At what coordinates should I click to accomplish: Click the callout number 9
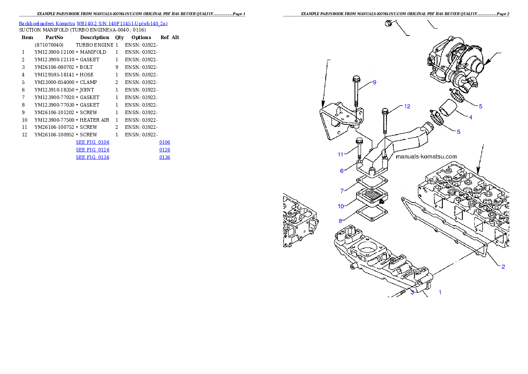(x=374, y=82)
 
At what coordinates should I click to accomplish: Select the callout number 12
(x=407, y=106)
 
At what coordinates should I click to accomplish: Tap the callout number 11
(x=341, y=155)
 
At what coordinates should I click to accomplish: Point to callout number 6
(x=342, y=171)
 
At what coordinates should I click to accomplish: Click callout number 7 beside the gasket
(x=342, y=191)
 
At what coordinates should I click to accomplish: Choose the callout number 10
(x=341, y=206)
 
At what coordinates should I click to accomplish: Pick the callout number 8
(x=341, y=221)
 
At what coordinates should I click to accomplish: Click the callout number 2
(x=503, y=267)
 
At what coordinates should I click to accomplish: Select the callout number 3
(x=412, y=292)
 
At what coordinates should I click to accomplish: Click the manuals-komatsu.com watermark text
(x=426, y=157)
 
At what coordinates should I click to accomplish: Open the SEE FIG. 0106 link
(x=92, y=142)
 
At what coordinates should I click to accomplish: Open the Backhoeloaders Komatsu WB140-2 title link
(x=93, y=24)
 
